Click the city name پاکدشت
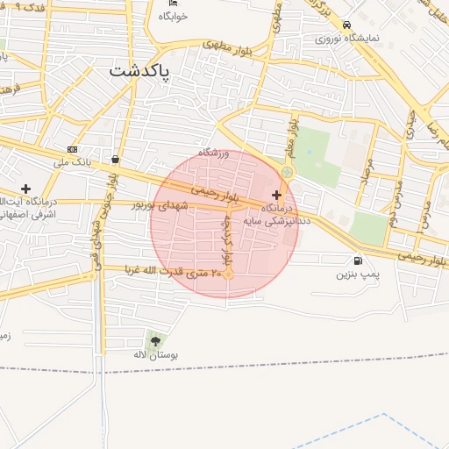tap(139, 72)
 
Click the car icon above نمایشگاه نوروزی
tap(348, 25)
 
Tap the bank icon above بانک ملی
tap(72, 149)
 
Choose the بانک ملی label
tap(72, 162)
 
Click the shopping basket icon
tap(116, 160)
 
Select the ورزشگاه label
tap(213, 153)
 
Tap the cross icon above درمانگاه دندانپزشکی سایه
tap(277, 195)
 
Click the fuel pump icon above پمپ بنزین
tap(357, 260)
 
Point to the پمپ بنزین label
tap(357, 274)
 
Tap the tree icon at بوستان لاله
tap(155, 341)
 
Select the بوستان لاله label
tap(155, 356)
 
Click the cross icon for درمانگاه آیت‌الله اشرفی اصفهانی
tap(25, 189)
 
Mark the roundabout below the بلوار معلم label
tap(288, 172)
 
